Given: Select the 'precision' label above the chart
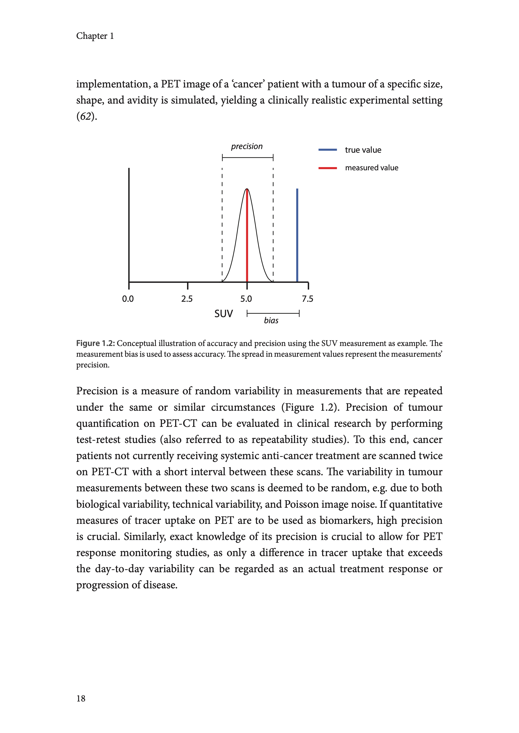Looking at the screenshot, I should point(247,146).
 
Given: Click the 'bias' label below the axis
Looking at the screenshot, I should point(271,321).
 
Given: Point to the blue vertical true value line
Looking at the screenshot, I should point(297,235).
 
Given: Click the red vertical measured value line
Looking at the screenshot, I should point(247,235).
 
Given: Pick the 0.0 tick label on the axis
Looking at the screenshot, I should point(128,299).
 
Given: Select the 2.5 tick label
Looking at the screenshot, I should point(187,299).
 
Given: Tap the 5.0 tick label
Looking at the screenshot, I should point(246,299).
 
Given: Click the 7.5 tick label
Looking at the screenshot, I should point(307,299).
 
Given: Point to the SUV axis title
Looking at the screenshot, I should point(224,313).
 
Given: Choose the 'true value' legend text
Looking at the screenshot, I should point(363,150).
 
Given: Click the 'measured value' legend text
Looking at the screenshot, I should point(372,168).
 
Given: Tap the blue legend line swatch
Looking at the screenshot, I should point(328,150).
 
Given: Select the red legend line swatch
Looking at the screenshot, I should point(328,168).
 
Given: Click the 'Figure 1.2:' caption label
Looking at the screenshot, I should point(95,343).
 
